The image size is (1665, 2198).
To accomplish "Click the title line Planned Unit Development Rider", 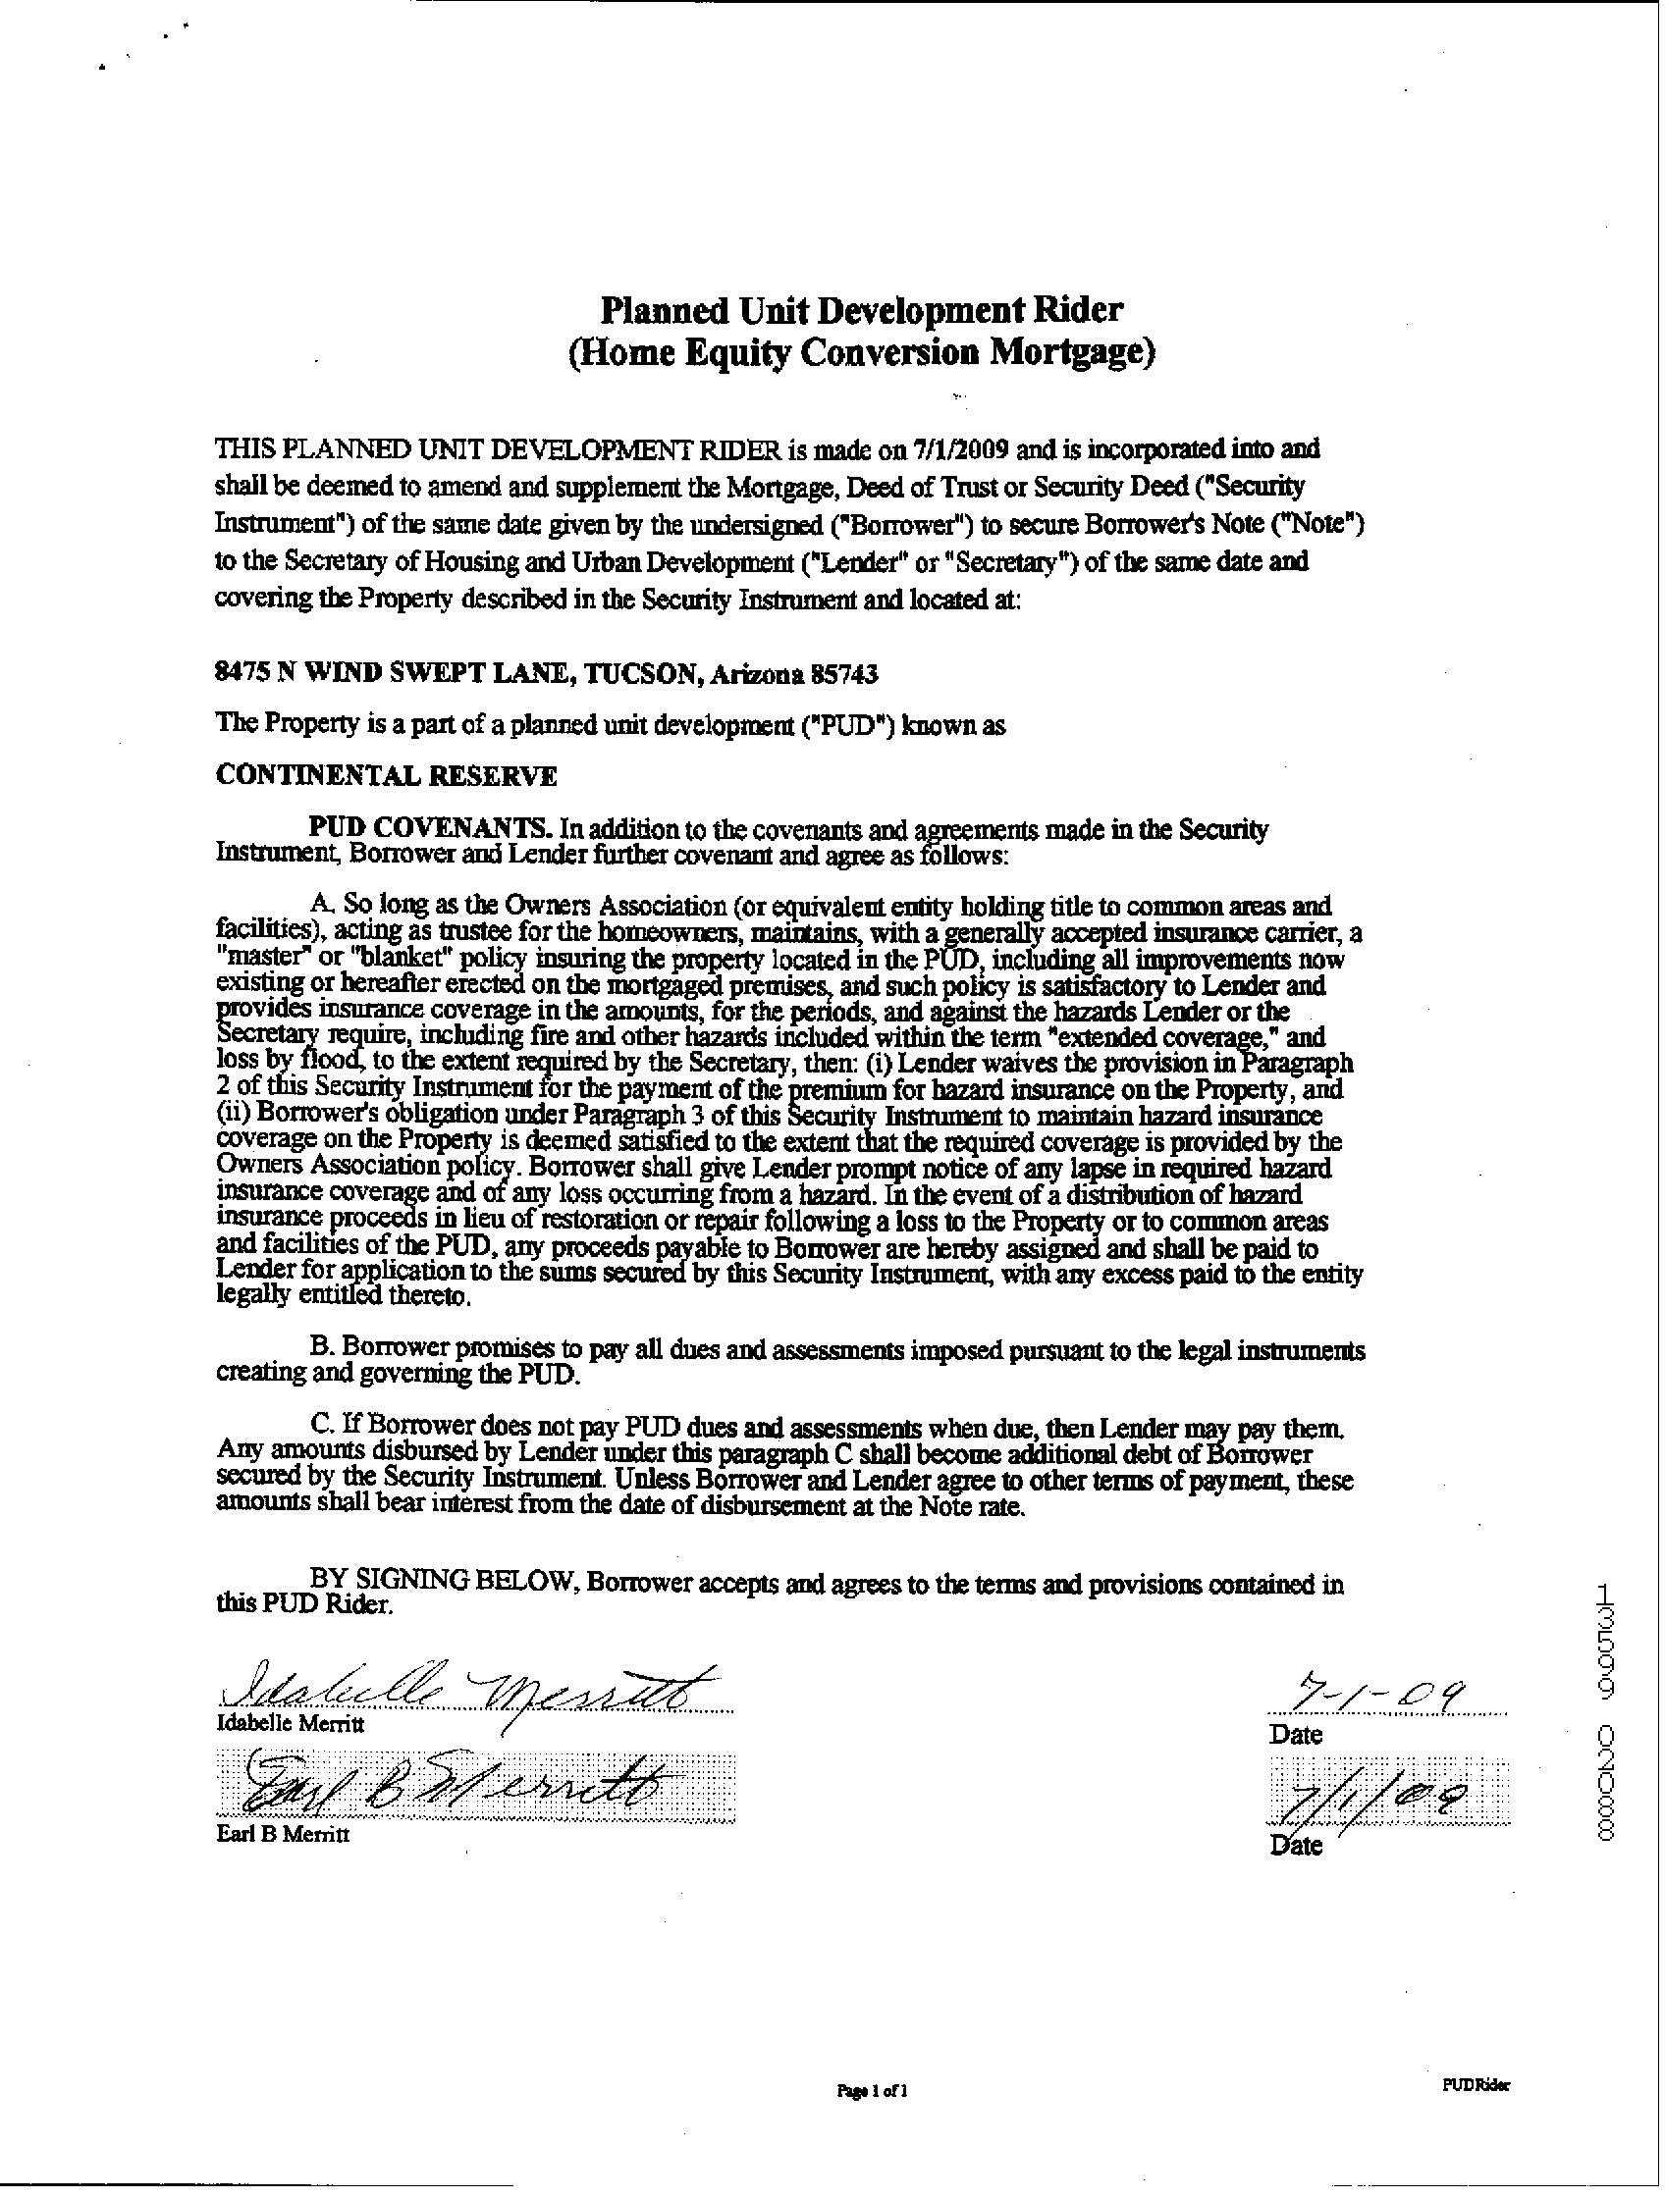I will (x=861, y=310).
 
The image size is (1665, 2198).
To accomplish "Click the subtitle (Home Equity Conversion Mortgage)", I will (x=861, y=354).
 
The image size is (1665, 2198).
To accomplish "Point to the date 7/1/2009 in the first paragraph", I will (x=955, y=449).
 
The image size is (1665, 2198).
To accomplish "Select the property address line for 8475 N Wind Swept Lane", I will (x=547, y=675).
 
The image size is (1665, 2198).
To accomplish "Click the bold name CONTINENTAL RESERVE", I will (x=386, y=776).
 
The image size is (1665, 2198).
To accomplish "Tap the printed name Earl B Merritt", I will (x=283, y=1834).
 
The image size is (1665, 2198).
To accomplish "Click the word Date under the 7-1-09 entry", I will (x=1296, y=1735).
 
